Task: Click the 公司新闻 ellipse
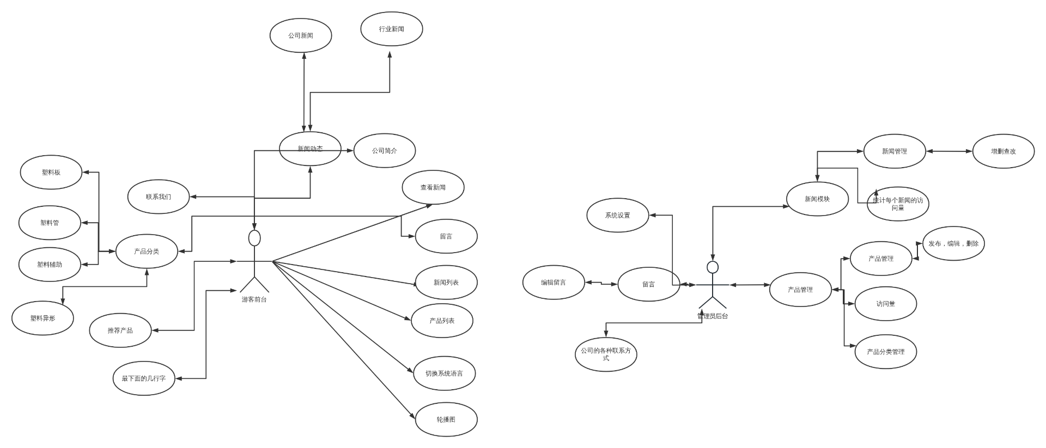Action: click(x=301, y=36)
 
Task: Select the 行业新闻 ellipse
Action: click(x=392, y=29)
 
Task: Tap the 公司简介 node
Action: click(x=385, y=151)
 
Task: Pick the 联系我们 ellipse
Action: click(x=159, y=197)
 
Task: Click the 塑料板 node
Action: click(x=51, y=173)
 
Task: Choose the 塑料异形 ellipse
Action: click(x=42, y=318)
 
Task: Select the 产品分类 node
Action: click(x=147, y=251)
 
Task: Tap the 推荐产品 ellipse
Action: click(x=120, y=330)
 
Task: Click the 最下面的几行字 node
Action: click(x=143, y=378)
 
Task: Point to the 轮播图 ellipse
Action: click(x=446, y=420)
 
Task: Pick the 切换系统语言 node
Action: click(x=444, y=373)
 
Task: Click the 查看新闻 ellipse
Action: click(x=433, y=188)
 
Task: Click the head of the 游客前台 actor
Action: click(x=254, y=238)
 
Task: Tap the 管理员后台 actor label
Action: click(x=713, y=316)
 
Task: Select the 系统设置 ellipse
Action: click(x=617, y=216)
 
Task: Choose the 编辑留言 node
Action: click(x=554, y=283)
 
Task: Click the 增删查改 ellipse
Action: click(x=1003, y=151)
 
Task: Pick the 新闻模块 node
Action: click(x=817, y=199)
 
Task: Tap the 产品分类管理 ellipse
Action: click(x=885, y=352)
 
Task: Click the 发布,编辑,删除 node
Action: click(x=953, y=244)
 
